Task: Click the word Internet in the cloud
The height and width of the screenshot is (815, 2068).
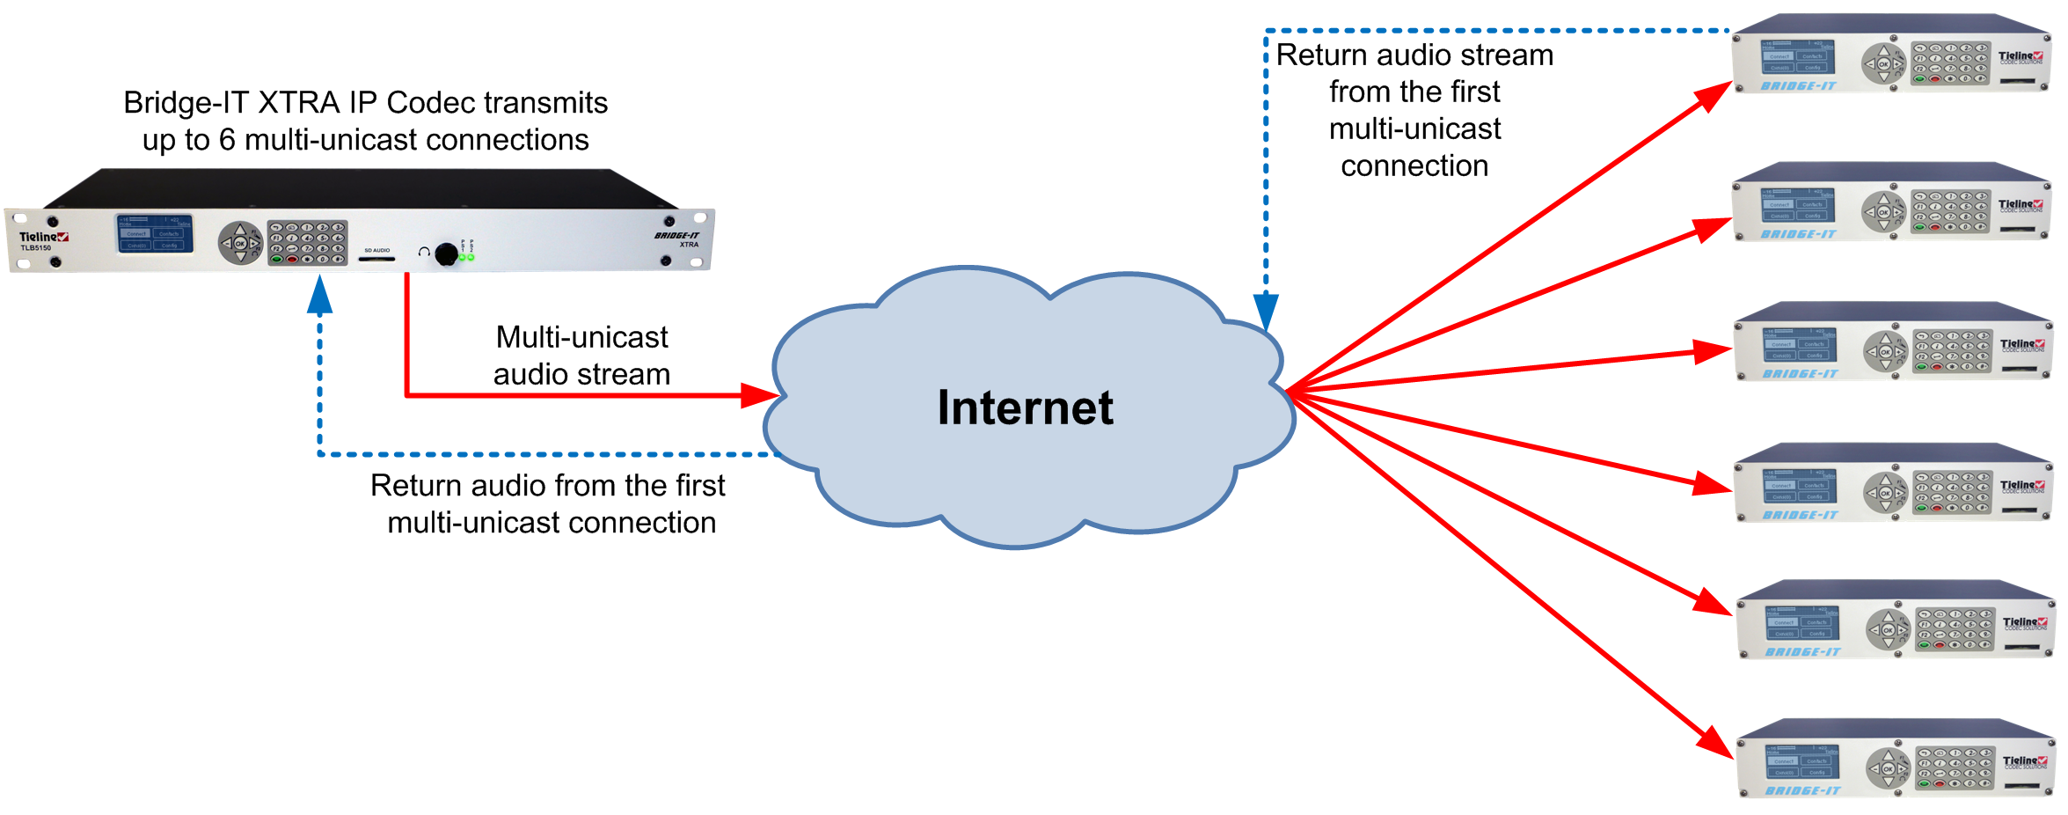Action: (1025, 408)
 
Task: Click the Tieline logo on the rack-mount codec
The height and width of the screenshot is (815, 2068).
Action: (43, 237)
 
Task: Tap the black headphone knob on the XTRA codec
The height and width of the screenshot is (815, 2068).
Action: (447, 253)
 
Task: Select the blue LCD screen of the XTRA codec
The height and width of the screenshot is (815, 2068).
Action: (154, 234)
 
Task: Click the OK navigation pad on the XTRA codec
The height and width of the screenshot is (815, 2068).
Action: (239, 244)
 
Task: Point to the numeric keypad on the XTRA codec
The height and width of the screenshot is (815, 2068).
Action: (307, 243)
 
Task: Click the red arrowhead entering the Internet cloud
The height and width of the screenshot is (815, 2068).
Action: (758, 396)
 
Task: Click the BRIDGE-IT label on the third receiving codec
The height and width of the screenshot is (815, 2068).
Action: (1801, 374)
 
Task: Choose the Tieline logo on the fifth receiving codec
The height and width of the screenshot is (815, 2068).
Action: (2025, 622)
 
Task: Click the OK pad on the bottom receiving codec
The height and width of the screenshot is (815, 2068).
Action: (1888, 769)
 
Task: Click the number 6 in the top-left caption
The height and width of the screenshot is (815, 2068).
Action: (227, 141)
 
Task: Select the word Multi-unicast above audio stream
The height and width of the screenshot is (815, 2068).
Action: (581, 338)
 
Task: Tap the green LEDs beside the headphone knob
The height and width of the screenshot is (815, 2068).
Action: (466, 257)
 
